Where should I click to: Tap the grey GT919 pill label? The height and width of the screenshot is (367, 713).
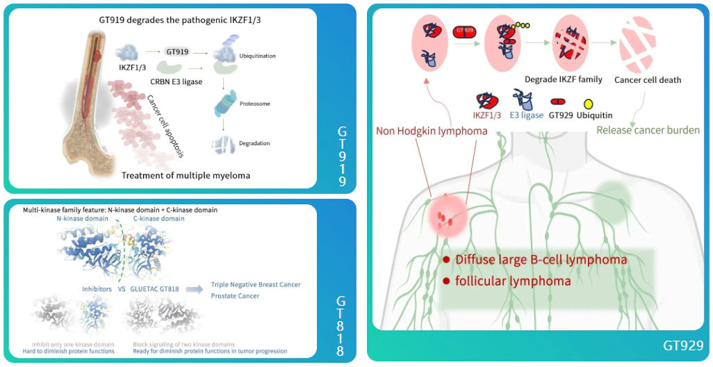point(177,51)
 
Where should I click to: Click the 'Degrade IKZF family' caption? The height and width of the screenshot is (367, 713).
point(563,79)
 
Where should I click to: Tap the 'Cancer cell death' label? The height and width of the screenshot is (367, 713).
point(647,79)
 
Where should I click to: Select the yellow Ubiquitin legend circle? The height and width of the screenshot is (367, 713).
point(588,104)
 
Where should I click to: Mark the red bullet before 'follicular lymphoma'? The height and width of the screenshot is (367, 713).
point(446,282)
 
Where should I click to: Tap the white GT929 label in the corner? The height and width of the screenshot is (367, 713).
point(684,345)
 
